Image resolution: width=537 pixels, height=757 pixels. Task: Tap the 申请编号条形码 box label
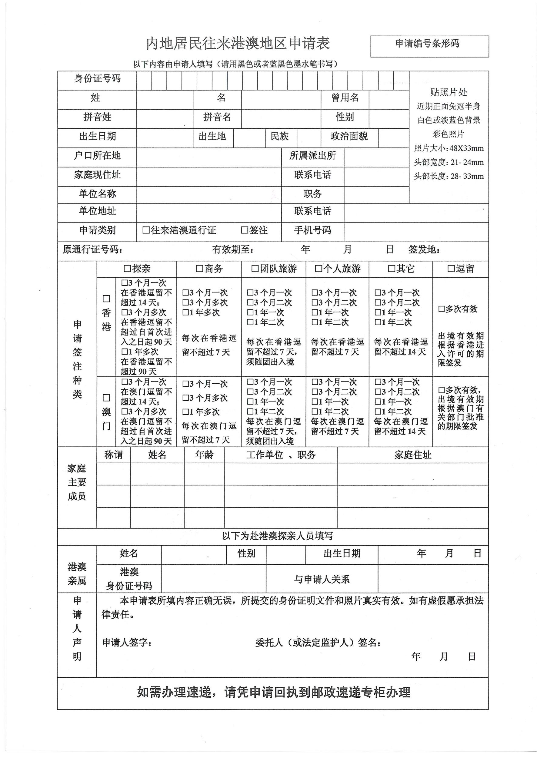pos(427,44)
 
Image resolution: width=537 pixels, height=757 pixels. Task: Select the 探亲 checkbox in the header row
pos(127,269)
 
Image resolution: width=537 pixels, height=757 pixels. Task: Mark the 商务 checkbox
pos(199,269)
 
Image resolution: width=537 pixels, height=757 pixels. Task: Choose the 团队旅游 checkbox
pos(255,269)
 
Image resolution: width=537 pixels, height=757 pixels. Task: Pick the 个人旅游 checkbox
pos(319,269)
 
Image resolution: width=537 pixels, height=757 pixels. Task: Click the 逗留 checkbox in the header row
pos(451,269)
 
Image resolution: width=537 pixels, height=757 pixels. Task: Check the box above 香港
pos(106,299)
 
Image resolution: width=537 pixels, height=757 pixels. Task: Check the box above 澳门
pos(106,398)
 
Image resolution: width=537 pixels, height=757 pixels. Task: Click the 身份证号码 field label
pos(97,79)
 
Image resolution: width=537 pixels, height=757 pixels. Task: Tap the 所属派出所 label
pos(312,156)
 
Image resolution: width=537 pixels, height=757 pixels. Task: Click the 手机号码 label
pos(312,230)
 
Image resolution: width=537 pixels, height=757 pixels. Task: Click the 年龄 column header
pos(204,455)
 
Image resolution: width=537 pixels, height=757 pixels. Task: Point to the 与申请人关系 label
pos(322,579)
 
